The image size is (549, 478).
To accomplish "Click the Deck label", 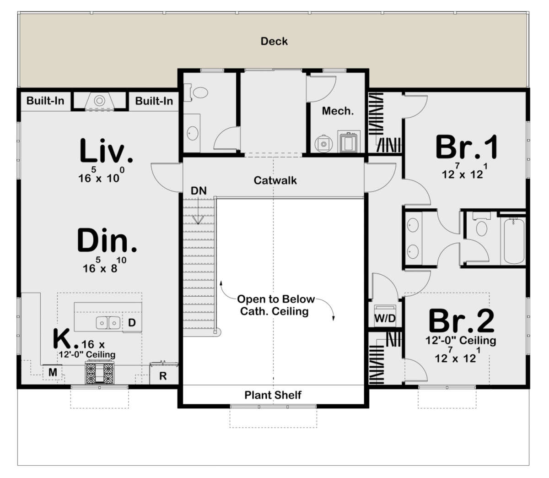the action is (274, 41).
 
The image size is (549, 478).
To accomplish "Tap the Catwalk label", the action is (275, 180).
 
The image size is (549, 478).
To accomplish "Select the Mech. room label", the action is (338, 111).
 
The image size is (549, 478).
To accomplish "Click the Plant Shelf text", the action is (273, 395).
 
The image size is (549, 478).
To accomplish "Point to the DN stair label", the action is (199, 190).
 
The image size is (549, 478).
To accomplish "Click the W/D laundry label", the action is (385, 318).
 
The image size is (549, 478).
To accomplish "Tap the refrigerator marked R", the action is (164, 374).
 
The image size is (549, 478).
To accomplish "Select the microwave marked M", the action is (53, 372).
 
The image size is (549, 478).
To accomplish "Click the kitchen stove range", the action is (100, 373).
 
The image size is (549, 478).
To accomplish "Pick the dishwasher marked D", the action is (132, 322).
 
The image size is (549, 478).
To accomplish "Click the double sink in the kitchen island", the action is (108, 322).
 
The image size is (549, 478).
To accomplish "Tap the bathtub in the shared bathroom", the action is (514, 241).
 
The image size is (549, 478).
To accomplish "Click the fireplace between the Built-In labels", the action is (100, 101).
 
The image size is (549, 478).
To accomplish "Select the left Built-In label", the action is (45, 101).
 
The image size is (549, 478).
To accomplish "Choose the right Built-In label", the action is (154, 101).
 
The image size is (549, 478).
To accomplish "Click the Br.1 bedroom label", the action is (467, 147).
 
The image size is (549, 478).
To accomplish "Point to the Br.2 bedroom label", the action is (461, 320).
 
